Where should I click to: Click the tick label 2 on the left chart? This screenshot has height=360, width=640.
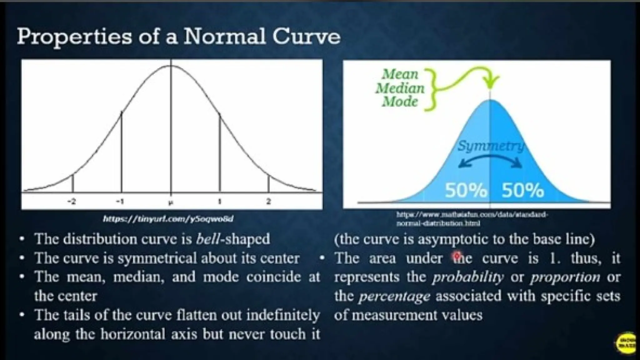pos(268,202)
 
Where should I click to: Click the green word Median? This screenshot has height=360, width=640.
pos(400,88)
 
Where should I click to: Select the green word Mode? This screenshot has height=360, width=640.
pos(400,102)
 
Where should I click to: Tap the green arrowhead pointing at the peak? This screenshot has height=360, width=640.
pos(491,84)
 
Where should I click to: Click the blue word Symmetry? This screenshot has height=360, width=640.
pos(491,146)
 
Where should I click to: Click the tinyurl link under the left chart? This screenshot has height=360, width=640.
pos(168,219)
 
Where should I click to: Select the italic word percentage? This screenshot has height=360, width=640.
pos(394,296)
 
